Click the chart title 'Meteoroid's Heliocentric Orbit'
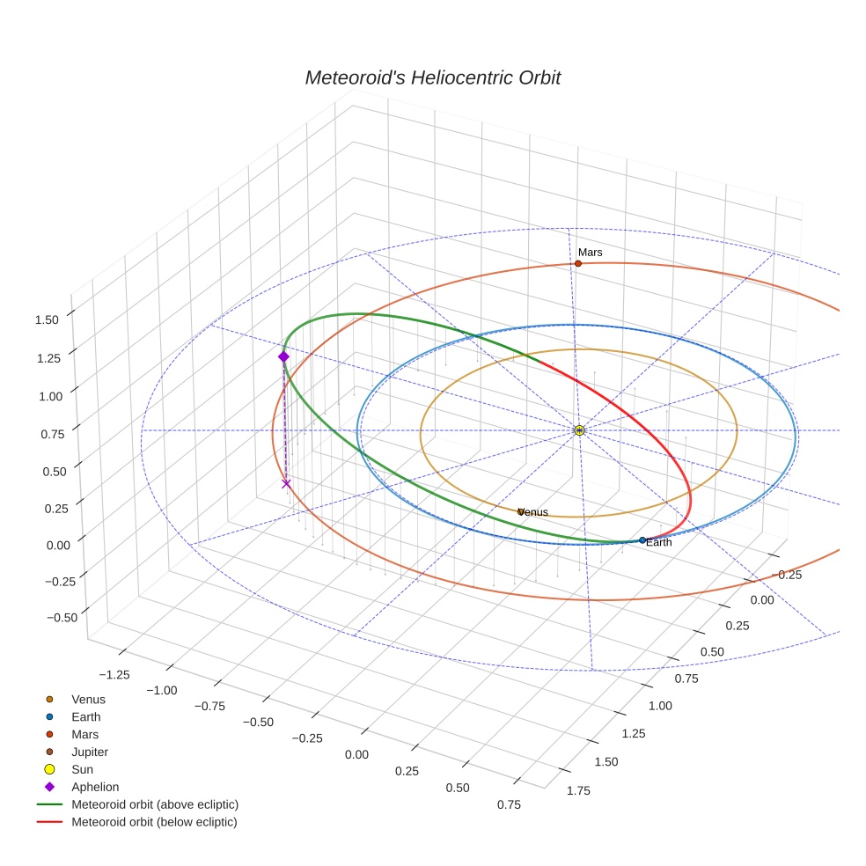432,78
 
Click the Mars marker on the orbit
578,263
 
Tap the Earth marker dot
642,539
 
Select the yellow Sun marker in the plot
579,430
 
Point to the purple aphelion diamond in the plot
283,356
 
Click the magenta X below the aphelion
285,483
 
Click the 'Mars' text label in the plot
590,253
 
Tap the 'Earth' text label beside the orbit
658,543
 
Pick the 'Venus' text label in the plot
533,512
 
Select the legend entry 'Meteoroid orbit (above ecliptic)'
155,804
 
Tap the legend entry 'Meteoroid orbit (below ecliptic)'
154,822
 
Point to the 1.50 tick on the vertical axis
47,320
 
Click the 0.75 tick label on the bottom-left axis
509,804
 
